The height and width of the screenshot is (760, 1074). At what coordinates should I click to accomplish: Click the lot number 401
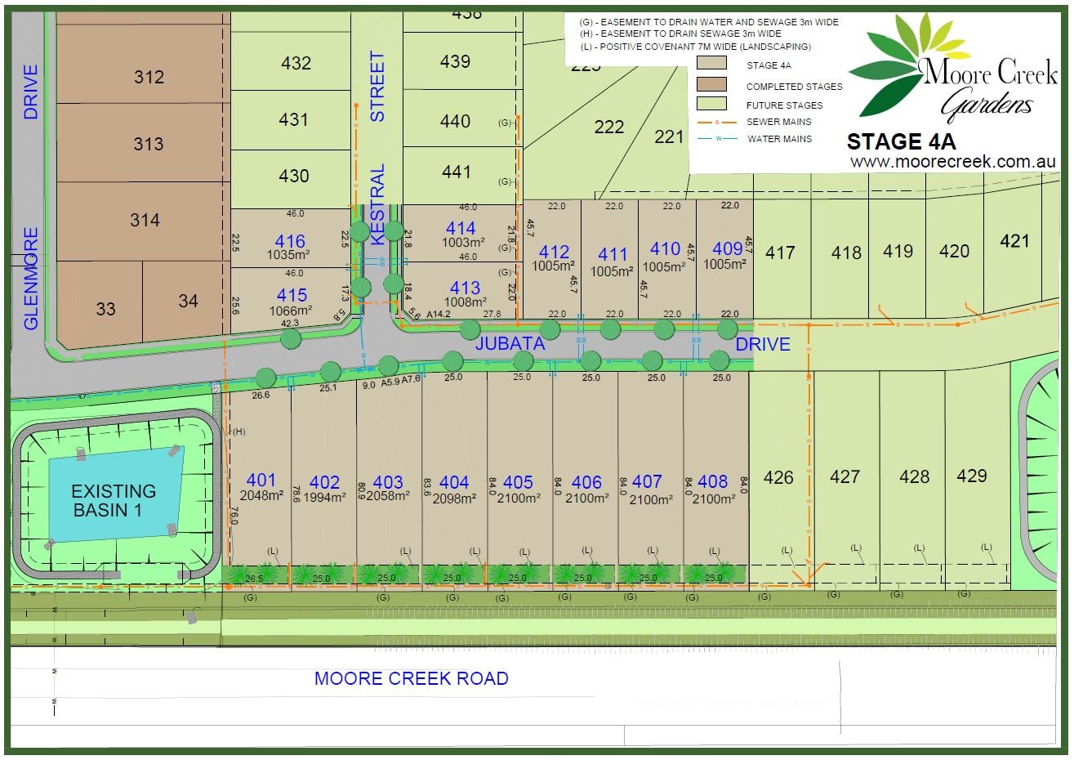(x=261, y=481)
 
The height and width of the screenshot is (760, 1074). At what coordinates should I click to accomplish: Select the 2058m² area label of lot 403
(x=388, y=496)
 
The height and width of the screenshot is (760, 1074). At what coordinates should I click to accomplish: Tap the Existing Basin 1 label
(x=114, y=500)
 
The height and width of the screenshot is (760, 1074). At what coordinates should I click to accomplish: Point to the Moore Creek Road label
(x=412, y=678)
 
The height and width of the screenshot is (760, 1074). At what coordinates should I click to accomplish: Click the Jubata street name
(x=510, y=344)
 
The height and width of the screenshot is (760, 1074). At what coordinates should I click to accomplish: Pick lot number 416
(x=290, y=242)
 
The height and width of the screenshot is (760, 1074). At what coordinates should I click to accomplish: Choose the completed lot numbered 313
(x=149, y=144)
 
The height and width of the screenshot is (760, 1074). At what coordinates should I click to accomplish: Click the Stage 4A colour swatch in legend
(x=711, y=63)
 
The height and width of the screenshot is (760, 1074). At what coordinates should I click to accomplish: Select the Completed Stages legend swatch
(x=711, y=83)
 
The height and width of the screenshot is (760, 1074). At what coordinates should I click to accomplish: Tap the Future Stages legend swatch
(x=711, y=104)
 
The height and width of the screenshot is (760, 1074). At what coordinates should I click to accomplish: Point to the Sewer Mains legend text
(x=779, y=122)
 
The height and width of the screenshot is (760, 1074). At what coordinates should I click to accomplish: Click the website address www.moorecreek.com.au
(x=954, y=161)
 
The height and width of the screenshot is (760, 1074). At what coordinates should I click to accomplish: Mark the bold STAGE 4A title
(x=901, y=141)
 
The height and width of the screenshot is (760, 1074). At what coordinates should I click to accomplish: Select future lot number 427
(x=844, y=476)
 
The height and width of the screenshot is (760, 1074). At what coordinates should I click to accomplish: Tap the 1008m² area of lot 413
(x=465, y=302)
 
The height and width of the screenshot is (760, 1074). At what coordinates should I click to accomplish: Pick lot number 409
(x=728, y=249)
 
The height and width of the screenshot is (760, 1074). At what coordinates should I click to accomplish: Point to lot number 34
(x=188, y=302)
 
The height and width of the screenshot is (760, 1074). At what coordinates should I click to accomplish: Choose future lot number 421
(x=1014, y=241)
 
